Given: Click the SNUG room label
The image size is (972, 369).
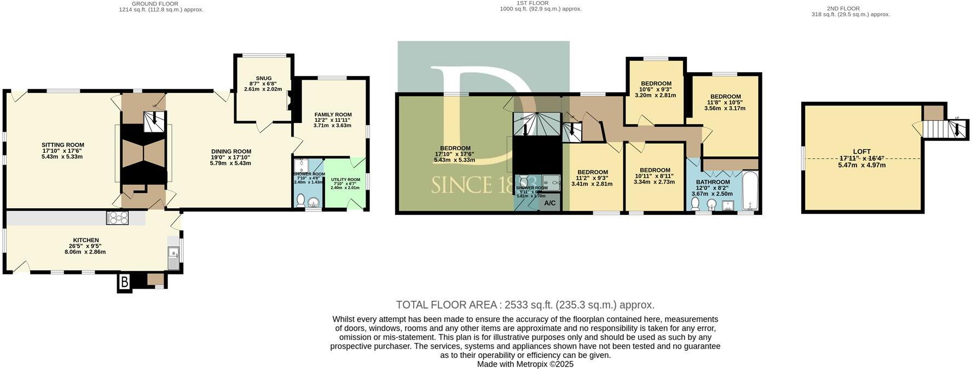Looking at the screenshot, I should tap(263, 78).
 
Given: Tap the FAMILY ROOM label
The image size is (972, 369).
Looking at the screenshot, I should tap(333, 115).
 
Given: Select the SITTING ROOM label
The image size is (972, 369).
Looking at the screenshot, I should tap(63, 145).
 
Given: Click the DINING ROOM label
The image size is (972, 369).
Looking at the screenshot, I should tap(231, 151).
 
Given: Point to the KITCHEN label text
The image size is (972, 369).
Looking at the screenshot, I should tap(86, 240).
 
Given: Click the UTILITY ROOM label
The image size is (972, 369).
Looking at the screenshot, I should tap(346, 180).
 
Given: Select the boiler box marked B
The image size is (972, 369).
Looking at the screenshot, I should tap(124, 282).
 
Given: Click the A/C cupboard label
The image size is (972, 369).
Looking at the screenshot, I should tap(549, 203).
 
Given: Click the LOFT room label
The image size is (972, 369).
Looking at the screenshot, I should tap(861, 152).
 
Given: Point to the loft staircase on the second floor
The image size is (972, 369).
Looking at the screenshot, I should tap(946, 129).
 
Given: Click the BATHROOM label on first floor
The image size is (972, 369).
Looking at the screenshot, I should tap(713, 182).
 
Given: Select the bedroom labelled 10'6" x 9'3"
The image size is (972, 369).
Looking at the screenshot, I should tap(655, 84).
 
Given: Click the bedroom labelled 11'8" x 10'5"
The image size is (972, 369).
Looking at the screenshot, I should tap(725, 97).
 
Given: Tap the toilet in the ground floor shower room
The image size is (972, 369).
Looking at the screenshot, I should tap(300, 201).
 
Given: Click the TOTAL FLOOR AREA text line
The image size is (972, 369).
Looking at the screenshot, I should tap(525, 305).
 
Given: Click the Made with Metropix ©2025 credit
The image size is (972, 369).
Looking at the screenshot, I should tap(525, 364).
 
